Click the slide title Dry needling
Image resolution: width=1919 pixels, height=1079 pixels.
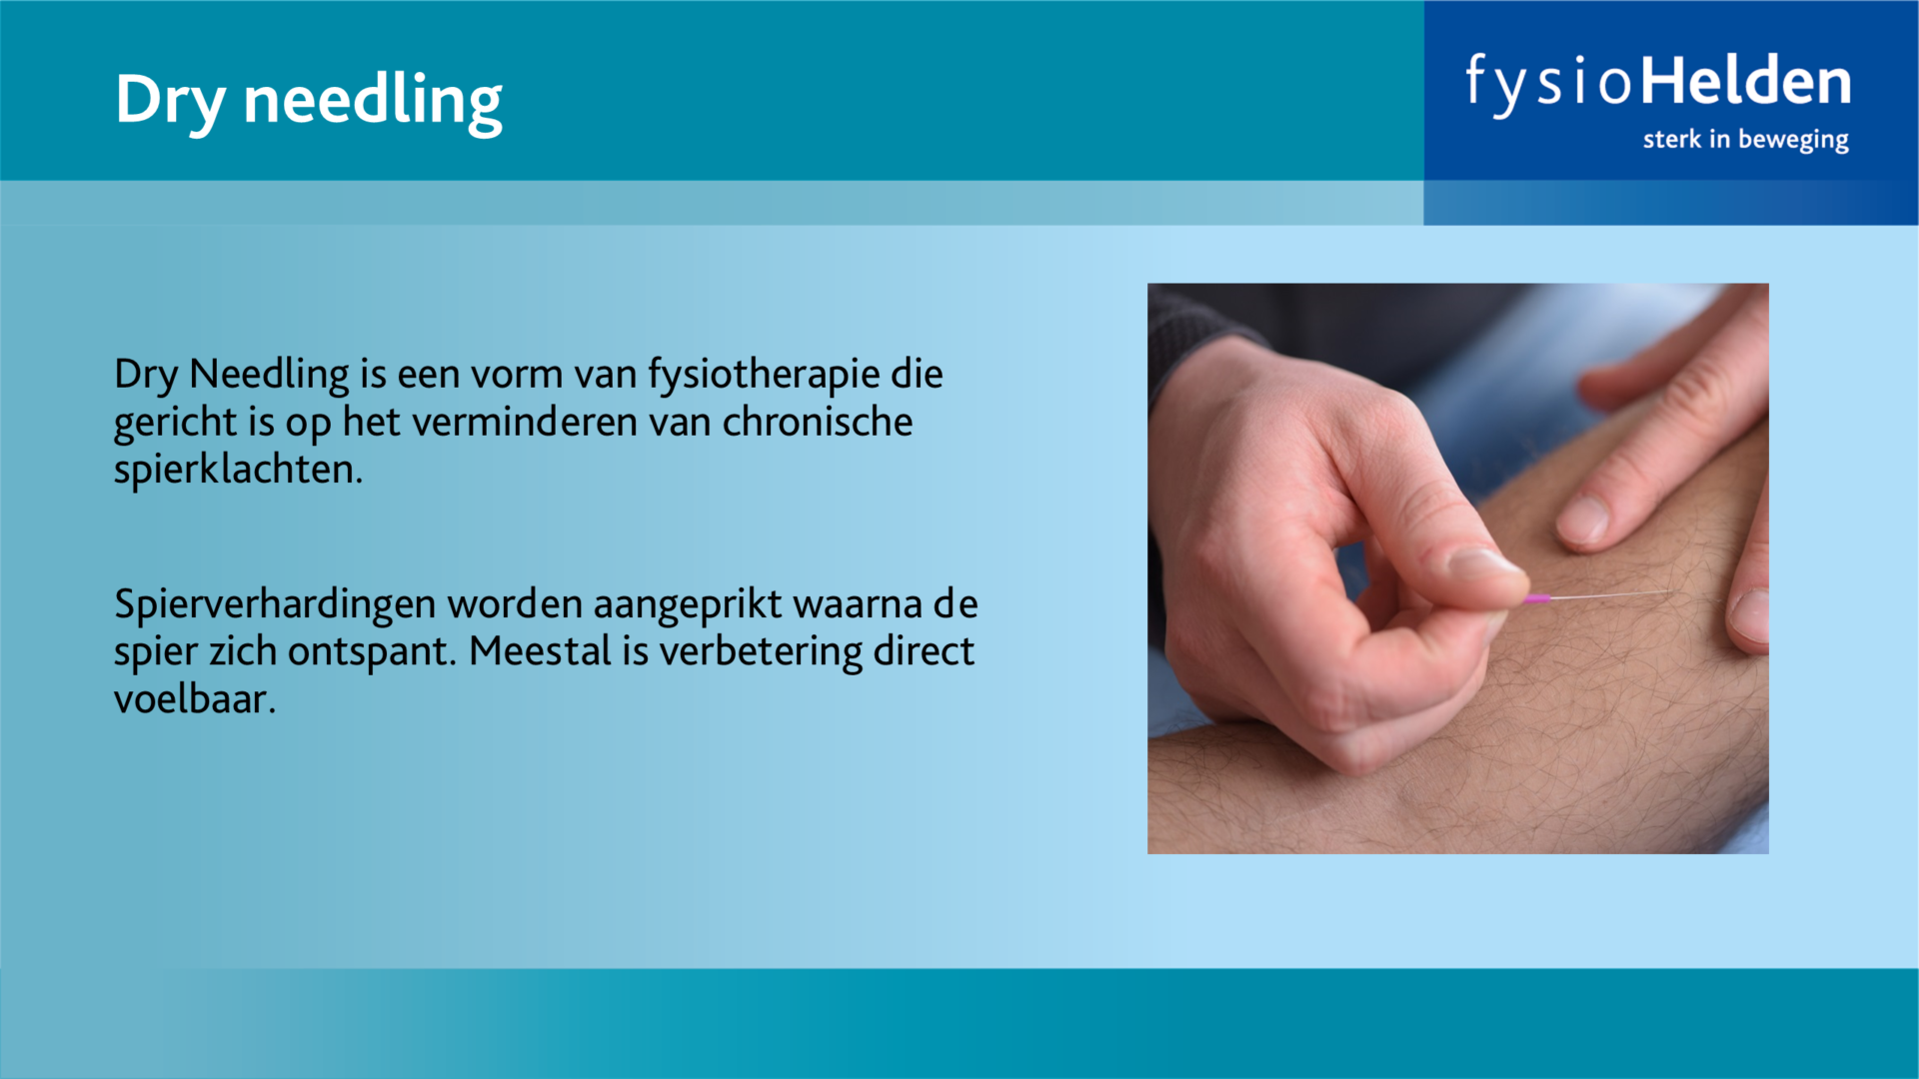pyautogui.click(x=309, y=101)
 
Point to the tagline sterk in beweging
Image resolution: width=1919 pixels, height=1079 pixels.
pyautogui.click(x=1745, y=139)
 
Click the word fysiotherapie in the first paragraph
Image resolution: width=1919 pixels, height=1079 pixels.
pyautogui.click(x=765, y=376)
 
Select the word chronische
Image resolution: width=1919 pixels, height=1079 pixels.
pyautogui.click(x=818, y=422)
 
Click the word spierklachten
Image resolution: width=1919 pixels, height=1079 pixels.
pyautogui.click(x=238, y=470)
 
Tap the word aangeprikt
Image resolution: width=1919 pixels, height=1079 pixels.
pyautogui.click(x=688, y=605)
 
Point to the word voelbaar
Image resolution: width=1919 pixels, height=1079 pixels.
pyautogui.click(x=195, y=698)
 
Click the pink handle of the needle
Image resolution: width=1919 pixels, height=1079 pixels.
pyautogui.click(x=1536, y=599)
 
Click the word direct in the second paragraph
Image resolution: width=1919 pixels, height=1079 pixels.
pyautogui.click(x=924, y=651)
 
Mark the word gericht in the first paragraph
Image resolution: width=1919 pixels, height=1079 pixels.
pyautogui.click(x=176, y=424)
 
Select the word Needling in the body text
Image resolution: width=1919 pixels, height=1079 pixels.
pyautogui.click(x=269, y=376)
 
